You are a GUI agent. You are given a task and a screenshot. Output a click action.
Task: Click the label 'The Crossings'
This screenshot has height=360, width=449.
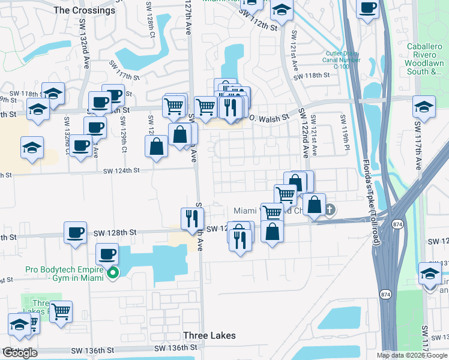coord(84,10)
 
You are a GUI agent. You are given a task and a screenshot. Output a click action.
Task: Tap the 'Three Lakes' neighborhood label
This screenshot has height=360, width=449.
coord(209,335)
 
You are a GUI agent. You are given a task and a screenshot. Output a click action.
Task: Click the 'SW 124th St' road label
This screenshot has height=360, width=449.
coord(121,170)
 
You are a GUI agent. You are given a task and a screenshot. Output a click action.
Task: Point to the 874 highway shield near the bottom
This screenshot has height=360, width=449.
coord(385,294)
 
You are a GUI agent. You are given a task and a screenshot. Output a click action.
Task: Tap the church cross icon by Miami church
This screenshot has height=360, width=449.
coord(331,210)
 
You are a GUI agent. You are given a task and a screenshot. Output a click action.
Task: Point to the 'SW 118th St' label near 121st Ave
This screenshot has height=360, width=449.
coord(314,75)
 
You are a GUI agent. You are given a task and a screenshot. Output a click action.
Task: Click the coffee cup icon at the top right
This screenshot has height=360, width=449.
coord(367,8)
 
